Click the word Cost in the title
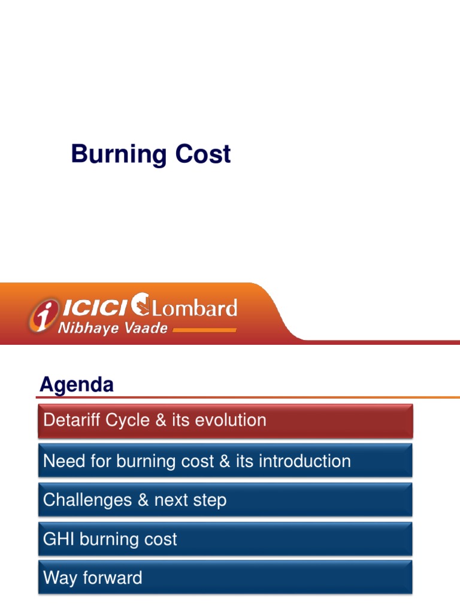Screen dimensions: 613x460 [x=203, y=154]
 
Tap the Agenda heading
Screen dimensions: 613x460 [x=77, y=384]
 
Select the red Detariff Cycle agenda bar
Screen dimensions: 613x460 [x=225, y=420]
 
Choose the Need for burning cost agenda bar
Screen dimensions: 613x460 [x=225, y=462]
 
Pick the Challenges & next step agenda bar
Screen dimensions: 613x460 [x=225, y=500]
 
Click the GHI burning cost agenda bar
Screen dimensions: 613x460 [x=225, y=539]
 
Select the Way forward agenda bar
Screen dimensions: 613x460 [x=225, y=578]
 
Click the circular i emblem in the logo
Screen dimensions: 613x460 [x=43, y=315]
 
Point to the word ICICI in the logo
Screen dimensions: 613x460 [x=95, y=308]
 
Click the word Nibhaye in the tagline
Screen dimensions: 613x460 [x=84, y=329]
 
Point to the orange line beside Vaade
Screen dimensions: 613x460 [x=204, y=330]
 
